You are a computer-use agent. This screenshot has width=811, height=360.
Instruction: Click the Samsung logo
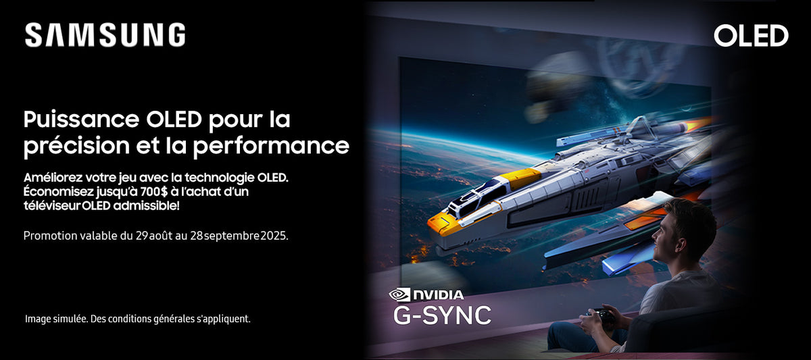point(105,34)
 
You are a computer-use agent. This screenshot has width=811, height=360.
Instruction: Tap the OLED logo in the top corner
point(751,36)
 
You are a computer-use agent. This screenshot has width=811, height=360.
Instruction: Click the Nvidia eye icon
point(399,294)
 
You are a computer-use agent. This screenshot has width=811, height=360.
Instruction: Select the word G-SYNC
point(443,315)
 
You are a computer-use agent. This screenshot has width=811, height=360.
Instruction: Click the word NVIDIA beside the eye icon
point(439,295)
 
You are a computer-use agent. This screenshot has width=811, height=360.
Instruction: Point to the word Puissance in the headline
point(82,120)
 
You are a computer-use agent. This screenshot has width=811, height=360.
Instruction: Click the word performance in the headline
point(271,146)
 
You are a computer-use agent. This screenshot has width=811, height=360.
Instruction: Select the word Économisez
point(58,191)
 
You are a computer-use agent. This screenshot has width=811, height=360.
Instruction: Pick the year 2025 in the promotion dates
point(274,236)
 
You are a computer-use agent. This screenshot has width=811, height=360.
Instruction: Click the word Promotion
point(50,236)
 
